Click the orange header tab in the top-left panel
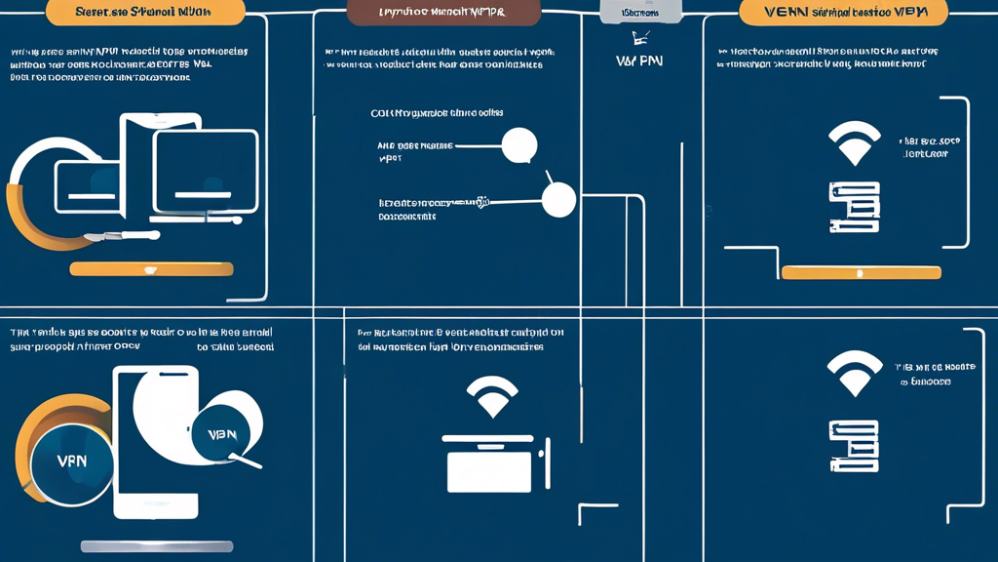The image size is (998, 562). click(x=146, y=13)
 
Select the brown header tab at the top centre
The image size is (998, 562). click(x=443, y=13)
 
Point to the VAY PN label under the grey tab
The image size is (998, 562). click(x=639, y=60)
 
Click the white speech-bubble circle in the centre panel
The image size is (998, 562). click(x=518, y=145)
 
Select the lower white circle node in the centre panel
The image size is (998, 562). click(x=558, y=199)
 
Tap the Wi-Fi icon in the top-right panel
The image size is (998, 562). click(x=854, y=143)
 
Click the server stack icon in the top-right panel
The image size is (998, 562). click(x=854, y=207)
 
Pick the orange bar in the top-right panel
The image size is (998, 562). click(x=862, y=272)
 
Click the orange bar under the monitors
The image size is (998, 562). click(x=152, y=268)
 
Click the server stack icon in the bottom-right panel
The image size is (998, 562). click(x=854, y=446)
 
